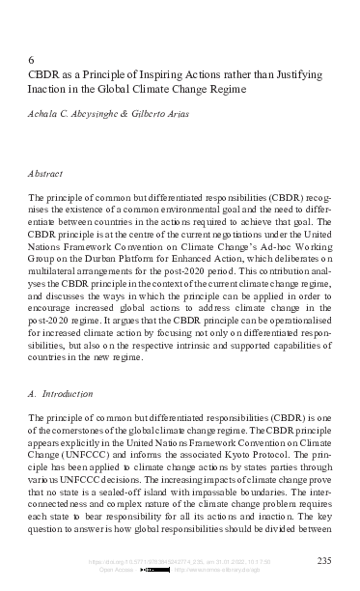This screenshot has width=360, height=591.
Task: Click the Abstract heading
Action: click(x=46, y=175)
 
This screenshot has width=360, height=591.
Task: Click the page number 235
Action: click(x=325, y=561)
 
